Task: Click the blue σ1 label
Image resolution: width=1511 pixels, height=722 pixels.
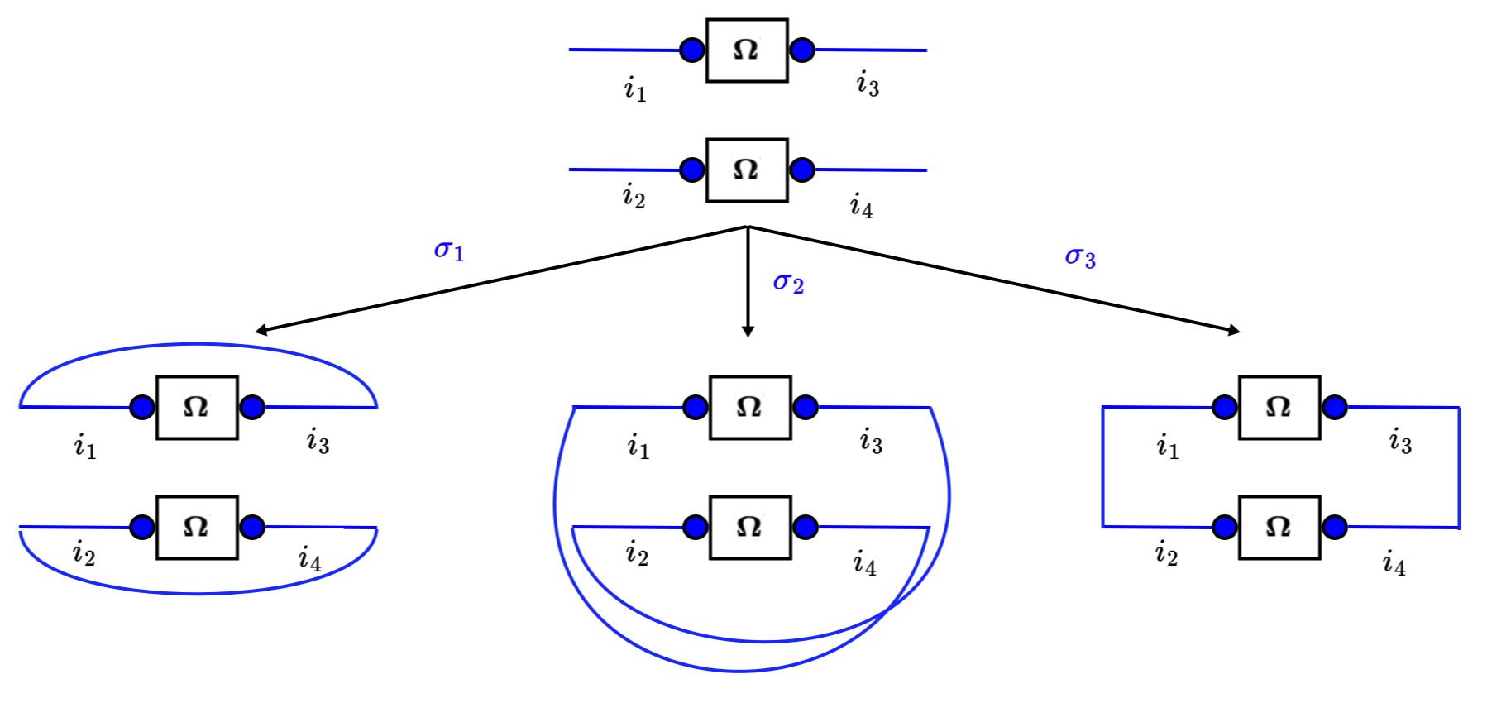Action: point(449,250)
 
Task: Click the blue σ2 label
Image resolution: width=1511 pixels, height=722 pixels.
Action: point(787,283)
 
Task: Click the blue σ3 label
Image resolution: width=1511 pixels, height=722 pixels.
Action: point(1079,257)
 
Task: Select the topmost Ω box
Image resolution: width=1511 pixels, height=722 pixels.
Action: point(747,50)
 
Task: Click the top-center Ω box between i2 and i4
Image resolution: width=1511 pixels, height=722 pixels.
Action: point(747,170)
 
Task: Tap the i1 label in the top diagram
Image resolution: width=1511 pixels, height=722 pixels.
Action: point(634,88)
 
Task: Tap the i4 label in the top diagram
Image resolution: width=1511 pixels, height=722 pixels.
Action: point(861,206)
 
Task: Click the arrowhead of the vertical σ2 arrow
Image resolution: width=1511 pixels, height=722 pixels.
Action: point(748,332)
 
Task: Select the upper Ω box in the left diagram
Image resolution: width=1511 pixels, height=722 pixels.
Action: point(197,408)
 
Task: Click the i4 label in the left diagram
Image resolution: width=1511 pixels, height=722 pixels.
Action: point(309,559)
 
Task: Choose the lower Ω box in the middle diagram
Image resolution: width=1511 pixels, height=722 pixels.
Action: point(750,528)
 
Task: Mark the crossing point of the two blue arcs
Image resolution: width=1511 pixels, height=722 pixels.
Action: point(887,610)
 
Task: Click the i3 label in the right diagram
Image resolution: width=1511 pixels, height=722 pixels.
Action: point(1400,442)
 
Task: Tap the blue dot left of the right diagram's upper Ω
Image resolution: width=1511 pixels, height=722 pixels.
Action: point(1224,407)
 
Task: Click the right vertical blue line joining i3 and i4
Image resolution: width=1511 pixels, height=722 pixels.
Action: point(1459,467)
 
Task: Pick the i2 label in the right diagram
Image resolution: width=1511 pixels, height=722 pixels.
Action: point(1166,552)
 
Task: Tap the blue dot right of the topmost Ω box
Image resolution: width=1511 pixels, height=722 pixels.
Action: point(801,50)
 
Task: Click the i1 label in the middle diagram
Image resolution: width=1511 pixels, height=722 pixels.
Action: point(638,447)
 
